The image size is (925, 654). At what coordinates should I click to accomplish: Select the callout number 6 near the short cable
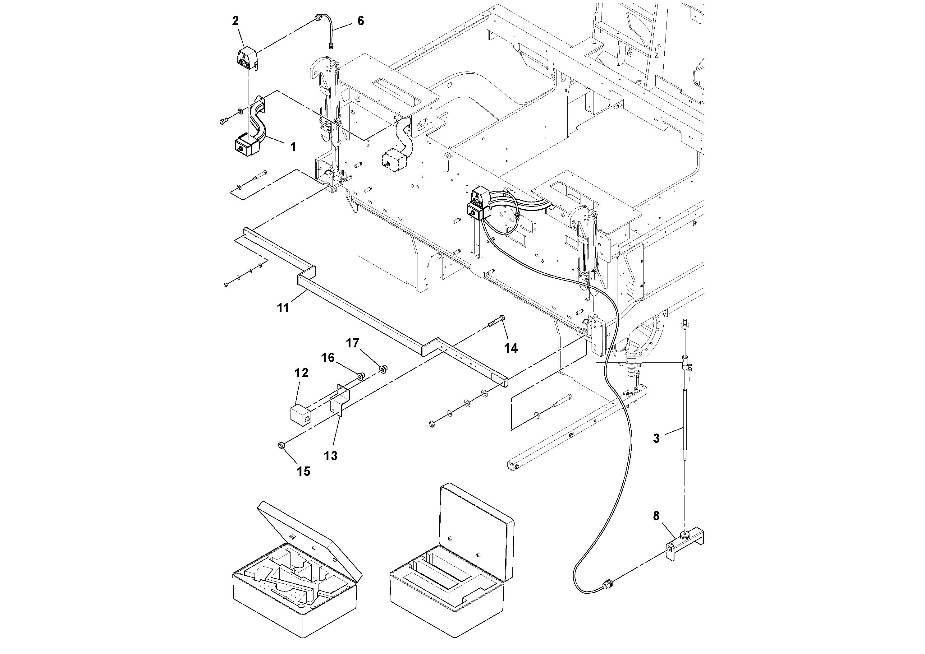click(360, 21)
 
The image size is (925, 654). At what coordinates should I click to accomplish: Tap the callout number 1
click(294, 147)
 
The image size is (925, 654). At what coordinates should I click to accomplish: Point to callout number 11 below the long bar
click(283, 308)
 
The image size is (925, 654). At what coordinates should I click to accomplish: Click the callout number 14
click(511, 348)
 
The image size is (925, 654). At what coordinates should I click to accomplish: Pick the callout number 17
click(353, 343)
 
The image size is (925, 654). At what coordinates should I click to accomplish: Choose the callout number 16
click(328, 358)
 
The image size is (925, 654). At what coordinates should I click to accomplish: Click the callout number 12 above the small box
click(301, 373)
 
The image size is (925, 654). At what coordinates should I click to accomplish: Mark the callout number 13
click(331, 456)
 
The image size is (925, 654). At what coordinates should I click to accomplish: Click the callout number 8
click(656, 516)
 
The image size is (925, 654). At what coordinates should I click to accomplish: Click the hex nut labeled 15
click(282, 445)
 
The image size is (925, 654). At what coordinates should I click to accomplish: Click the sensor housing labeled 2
click(247, 58)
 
